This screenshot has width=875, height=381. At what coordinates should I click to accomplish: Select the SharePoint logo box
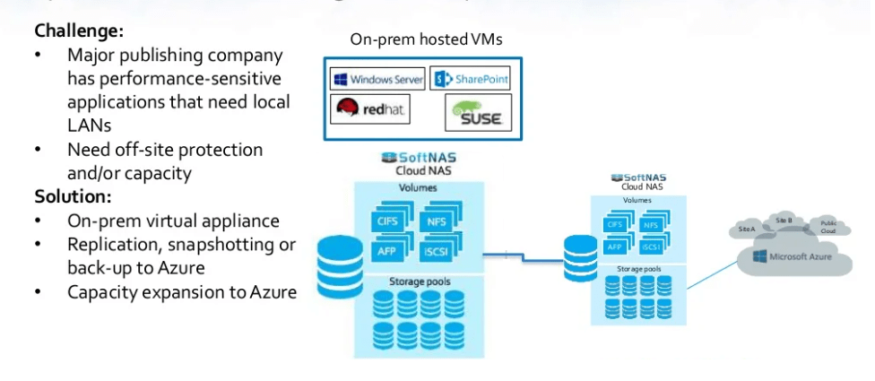[471, 79]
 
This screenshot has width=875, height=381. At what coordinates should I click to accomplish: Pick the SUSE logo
[477, 113]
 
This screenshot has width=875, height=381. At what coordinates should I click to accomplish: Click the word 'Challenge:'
[79, 31]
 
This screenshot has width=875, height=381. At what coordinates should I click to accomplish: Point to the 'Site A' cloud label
[747, 229]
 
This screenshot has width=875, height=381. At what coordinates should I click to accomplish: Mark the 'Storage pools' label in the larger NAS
[418, 281]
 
